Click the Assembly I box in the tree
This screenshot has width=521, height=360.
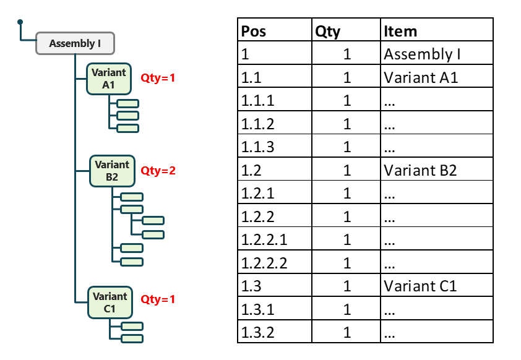coord(75,43)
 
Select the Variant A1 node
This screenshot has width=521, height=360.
coord(109,79)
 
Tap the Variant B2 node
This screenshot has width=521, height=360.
coord(112,171)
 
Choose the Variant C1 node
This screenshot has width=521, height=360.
coord(110,302)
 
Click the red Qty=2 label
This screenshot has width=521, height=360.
coord(158,171)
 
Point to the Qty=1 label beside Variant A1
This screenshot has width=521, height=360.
coord(158,79)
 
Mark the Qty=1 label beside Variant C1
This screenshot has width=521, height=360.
coord(158,299)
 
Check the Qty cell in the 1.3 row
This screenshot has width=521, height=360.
coord(347,286)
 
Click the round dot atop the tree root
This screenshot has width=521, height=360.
coord(20,22)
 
